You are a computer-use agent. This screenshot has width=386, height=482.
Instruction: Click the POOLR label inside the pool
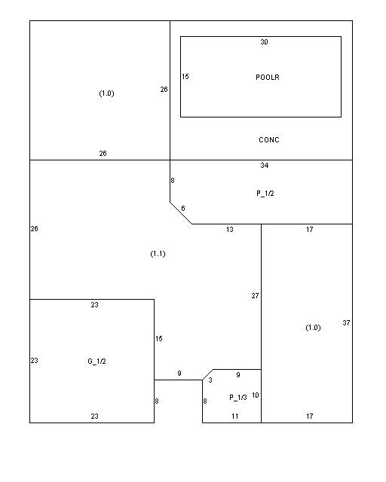tap(268, 77)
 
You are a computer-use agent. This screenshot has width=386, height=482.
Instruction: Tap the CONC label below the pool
tap(269, 140)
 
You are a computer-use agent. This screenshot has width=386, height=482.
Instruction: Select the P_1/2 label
tap(265, 194)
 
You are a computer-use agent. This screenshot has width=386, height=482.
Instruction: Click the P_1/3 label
tap(238, 398)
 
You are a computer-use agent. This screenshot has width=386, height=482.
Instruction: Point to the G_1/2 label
tap(97, 361)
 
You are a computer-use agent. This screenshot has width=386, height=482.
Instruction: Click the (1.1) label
tap(158, 254)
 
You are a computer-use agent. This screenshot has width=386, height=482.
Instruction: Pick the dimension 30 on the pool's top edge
tap(264, 42)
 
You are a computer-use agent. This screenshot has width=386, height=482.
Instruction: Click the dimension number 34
tap(265, 166)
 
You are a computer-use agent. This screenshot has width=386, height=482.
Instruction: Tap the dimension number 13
tap(230, 229)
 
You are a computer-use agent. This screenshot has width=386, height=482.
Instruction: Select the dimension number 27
tap(255, 296)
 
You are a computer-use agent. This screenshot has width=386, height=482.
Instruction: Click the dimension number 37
tap(346, 323)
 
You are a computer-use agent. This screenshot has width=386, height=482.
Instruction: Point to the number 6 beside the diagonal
tap(183, 209)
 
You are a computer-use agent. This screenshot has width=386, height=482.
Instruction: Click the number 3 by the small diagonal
tap(210, 380)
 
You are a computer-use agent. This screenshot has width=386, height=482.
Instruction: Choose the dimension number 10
tap(256, 395)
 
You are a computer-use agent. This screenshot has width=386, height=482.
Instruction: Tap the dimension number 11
tap(235, 416)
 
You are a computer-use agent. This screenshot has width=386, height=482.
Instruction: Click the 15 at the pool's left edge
tap(185, 77)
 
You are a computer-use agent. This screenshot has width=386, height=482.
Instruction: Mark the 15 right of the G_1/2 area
tap(159, 339)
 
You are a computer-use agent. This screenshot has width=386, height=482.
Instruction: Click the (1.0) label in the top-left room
tap(106, 93)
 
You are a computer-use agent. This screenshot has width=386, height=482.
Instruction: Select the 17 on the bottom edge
tap(310, 416)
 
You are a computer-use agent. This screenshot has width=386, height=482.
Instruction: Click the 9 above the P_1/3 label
tap(238, 375)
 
